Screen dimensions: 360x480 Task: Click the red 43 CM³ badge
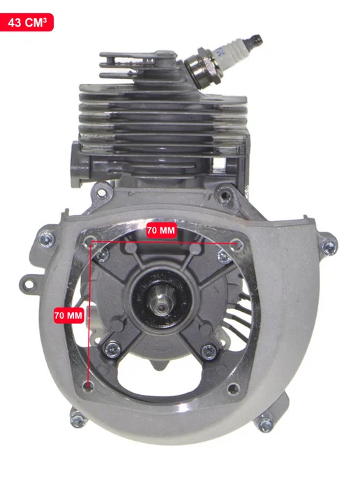(x=27, y=22)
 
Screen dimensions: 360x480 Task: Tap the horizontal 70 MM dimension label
(x=161, y=230)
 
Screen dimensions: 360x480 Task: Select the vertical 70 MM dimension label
(x=68, y=315)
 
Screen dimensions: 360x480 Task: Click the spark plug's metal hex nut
(x=204, y=68)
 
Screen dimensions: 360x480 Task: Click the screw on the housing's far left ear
(x=47, y=239)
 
